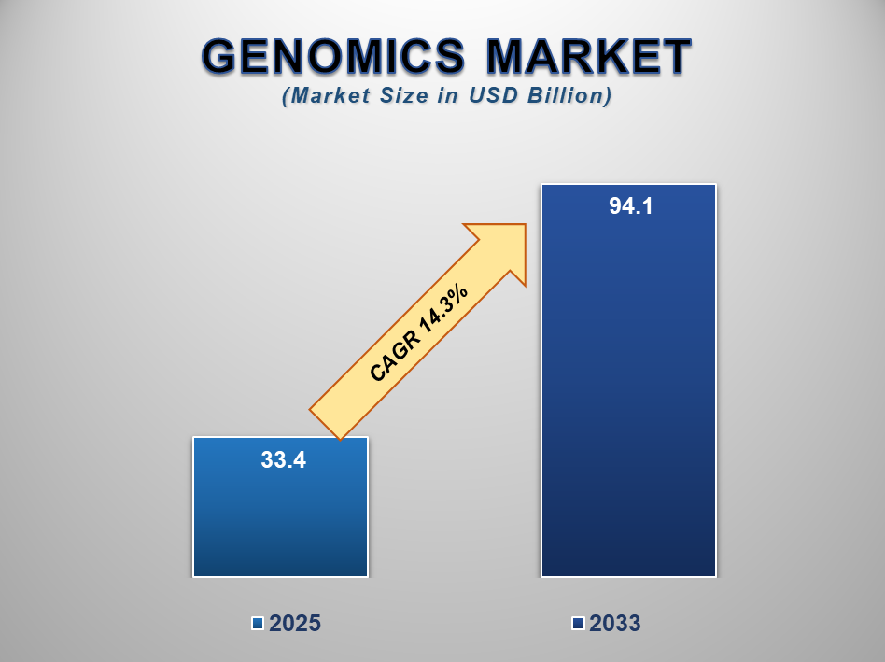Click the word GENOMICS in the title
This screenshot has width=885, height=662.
tap(333, 56)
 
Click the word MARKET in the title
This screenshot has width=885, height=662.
tap(589, 56)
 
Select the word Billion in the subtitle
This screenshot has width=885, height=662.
tap(569, 95)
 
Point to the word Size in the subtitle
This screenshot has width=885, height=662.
tap(403, 95)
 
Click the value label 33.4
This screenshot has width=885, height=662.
tap(284, 460)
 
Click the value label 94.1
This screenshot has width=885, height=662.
tap(631, 206)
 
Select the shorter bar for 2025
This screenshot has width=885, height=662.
tap(280, 507)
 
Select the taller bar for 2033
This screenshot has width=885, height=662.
tap(629, 380)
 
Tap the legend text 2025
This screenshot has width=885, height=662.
tap(295, 623)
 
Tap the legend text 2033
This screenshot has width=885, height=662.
tap(615, 623)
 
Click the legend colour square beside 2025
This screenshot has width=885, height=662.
tap(258, 623)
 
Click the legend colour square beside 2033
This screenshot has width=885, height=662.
tap(578, 623)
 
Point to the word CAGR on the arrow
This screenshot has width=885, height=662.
tap(395, 356)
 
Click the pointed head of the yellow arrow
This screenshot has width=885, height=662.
tap(526, 225)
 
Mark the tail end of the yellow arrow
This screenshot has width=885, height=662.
tap(325, 424)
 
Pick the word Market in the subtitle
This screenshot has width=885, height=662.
tap(327, 95)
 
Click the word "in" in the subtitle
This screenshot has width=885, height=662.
tap(447, 95)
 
